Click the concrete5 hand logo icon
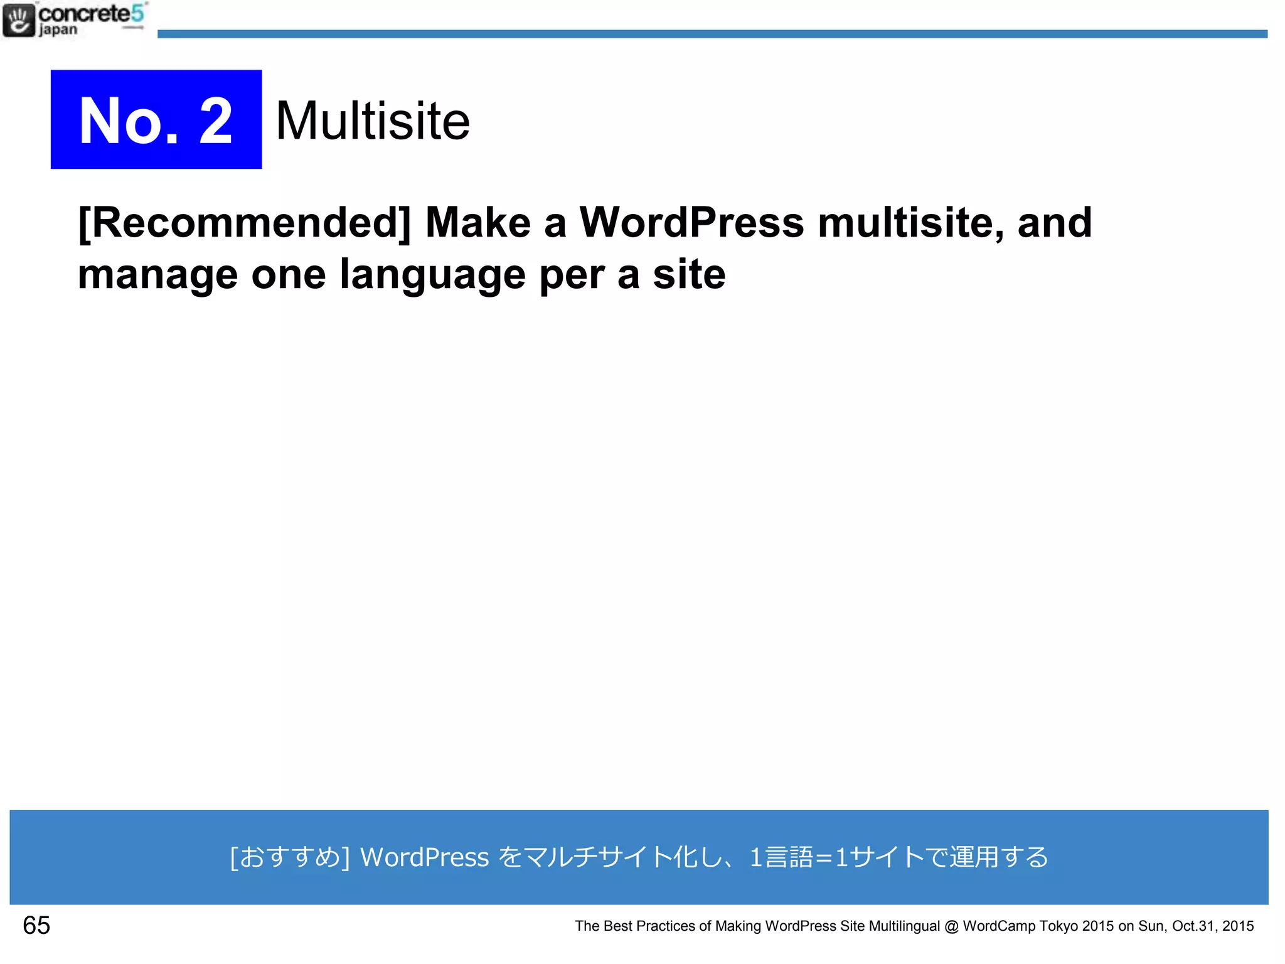(19, 20)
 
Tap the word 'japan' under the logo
(58, 29)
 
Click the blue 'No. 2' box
(156, 119)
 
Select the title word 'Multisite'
(373, 120)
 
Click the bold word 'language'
(432, 274)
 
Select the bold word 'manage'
(157, 274)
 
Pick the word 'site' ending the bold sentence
(689, 274)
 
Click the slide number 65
(36, 925)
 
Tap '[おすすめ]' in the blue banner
(290, 857)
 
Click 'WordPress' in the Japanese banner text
(424, 857)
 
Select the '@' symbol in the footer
(951, 926)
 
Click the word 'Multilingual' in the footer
(904, 926)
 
